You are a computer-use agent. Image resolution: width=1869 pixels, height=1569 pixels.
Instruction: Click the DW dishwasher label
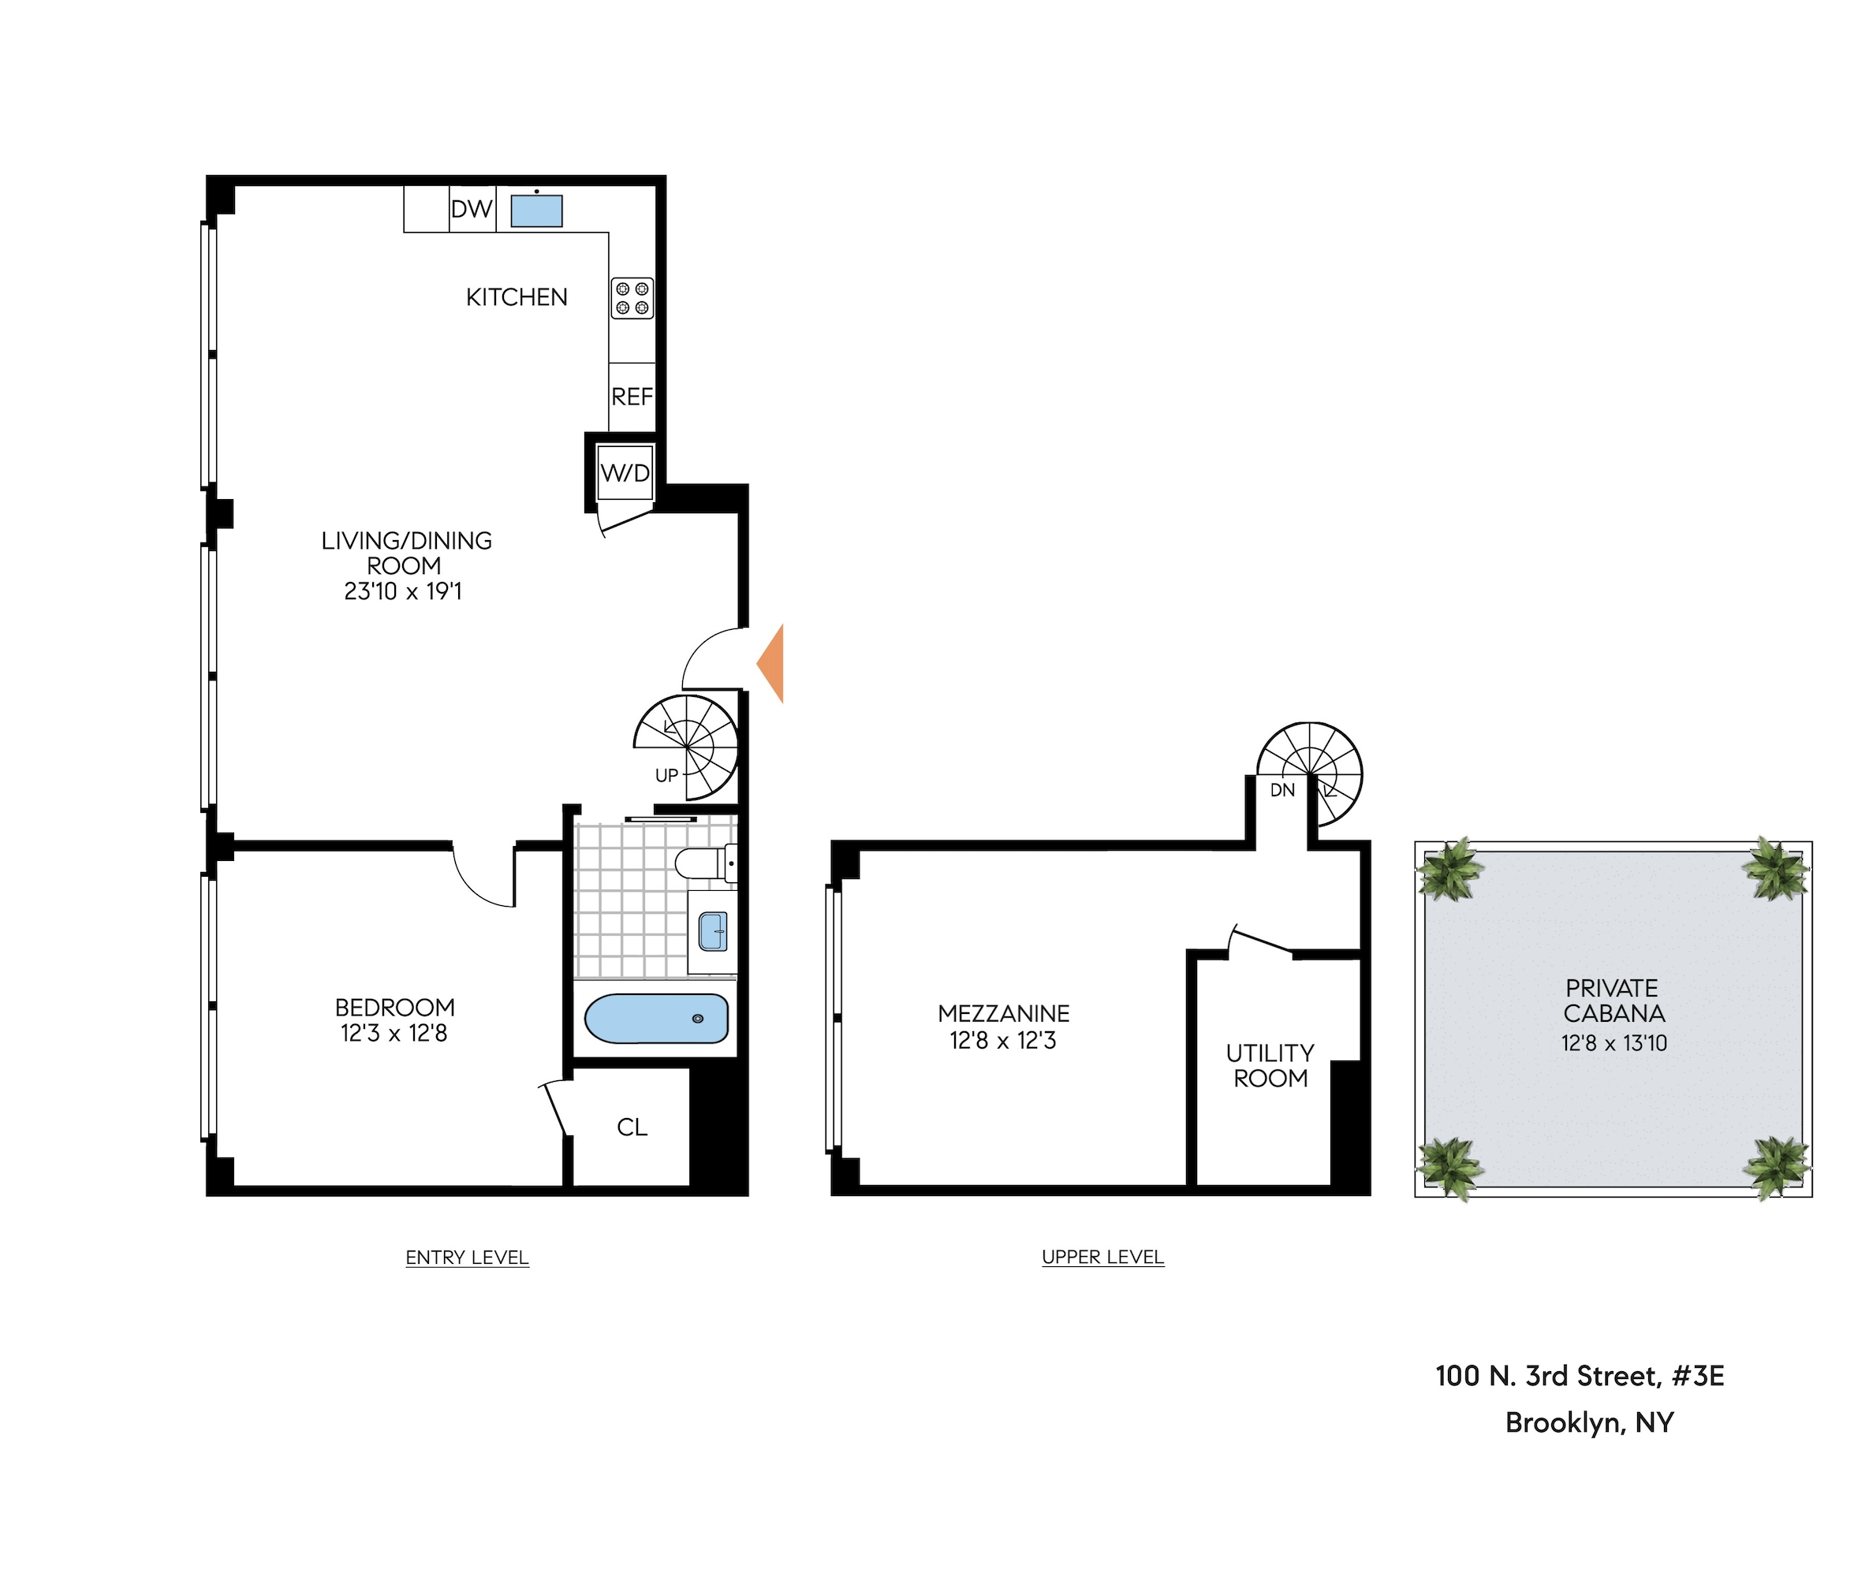coord(472,209)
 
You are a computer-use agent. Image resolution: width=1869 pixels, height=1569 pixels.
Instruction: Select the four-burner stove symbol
coord(632,298)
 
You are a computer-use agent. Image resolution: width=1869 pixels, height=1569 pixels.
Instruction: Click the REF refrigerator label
coord(632,397)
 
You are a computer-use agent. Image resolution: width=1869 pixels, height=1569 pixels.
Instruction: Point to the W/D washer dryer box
coord(625,472)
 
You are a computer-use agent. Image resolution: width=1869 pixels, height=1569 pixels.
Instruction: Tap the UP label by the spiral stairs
coord(666,775)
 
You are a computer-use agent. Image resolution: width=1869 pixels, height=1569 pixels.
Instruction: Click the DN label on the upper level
coord(1281,790)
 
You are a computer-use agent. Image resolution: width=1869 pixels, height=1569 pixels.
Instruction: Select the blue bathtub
coord(657,1018)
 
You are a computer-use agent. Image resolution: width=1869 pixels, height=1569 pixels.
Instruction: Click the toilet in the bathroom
coord(705,863)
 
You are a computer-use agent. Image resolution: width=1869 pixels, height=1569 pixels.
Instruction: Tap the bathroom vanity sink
coord(713,932)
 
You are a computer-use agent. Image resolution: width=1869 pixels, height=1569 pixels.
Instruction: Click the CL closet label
coord(632,1127)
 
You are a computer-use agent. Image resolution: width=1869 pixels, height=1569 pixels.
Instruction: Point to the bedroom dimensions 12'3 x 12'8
coord(394,1033)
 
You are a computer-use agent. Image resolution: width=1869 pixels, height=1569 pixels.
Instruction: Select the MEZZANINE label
coord(1003,1014)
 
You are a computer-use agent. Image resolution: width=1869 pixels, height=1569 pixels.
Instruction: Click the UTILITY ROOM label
coord(1270,1065)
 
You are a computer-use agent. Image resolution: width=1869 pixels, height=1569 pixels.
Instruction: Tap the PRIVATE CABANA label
coord(1613,1001)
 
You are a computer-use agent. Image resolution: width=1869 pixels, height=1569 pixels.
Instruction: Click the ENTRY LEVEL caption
coord(467,1258)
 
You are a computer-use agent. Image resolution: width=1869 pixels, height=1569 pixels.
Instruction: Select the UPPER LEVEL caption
coord(1102,1257)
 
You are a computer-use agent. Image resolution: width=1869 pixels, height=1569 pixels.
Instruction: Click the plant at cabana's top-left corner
coord(1449,870)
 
